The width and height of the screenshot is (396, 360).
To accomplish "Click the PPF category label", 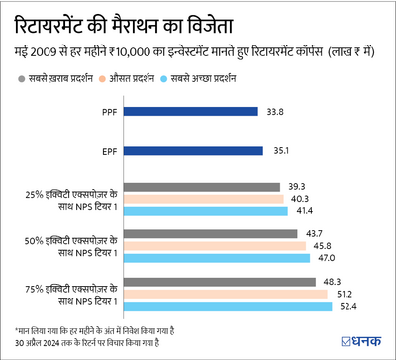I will point(108,112).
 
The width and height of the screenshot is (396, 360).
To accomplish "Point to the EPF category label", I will point(108,151).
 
